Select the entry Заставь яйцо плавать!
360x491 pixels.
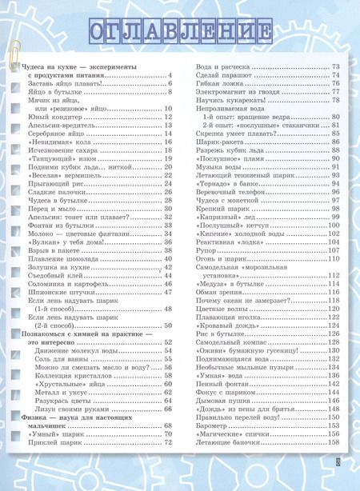pyautogui.click(x=65, y=82)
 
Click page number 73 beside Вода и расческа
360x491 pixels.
pyautogui.click(x=336, y=66)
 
